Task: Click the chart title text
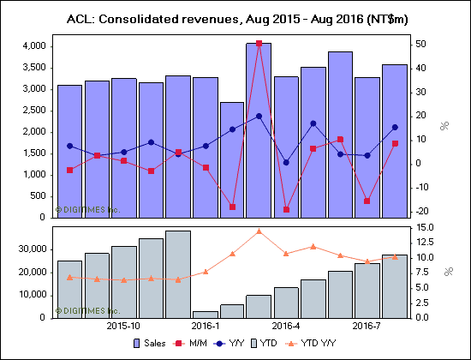pyautogui.click(x=235, y=18)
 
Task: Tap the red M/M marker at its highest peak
pyautogui.click(x=259, y=43)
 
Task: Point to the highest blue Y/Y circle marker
pyautogui.click(x=259, y=116)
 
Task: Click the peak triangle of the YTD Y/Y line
pyautogui.click(x=259, y=231)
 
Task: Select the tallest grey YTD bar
pyautogui.click(x=177, y=274)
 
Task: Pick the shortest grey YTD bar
pyautogui.click(x=205, y=314)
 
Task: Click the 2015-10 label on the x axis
pyautogui.click(x=123, y=327)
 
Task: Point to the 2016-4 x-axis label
pyautogui.click(x=285, y=327)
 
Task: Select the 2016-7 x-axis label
pyautogui.click(x=367, y=327)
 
